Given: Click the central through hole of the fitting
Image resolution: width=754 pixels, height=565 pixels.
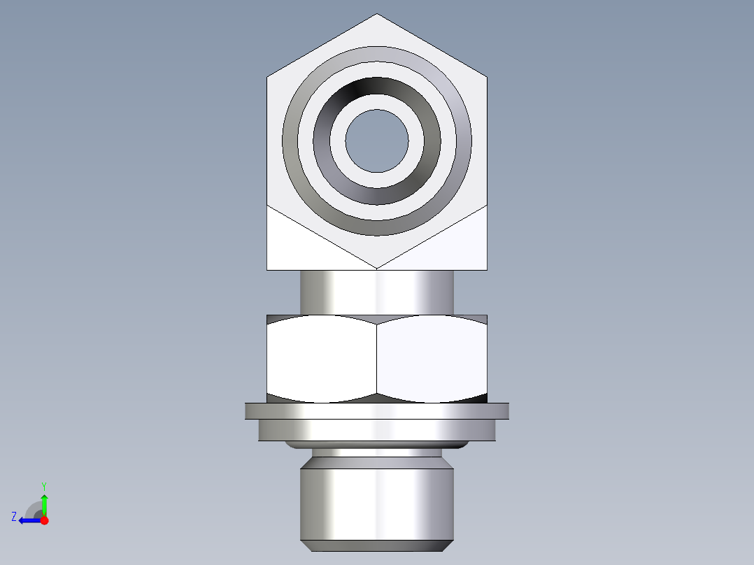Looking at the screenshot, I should [377, 141].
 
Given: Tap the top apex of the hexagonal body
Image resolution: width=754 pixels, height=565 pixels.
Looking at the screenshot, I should [377, 15].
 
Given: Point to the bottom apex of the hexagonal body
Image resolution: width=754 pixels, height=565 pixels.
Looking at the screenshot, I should [377, 268].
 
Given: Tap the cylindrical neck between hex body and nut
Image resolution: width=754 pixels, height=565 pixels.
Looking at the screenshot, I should [377, 292].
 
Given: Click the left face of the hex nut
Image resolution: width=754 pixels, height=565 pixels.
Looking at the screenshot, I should [322, 358].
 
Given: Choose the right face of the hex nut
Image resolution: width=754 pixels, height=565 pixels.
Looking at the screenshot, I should [432, 358].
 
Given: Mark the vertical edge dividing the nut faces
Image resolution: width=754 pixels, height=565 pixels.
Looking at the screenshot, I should [377, 358].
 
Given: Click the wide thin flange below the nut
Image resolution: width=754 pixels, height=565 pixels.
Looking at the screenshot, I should [377, 410].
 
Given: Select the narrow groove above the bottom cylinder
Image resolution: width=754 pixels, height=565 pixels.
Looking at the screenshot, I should [377, 453].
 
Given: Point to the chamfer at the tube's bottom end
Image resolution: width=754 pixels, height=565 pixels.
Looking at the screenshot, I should [377, 545].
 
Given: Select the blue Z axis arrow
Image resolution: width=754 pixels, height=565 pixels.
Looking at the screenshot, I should [28, 520].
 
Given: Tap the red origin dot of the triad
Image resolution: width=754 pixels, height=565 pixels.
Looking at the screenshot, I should [45, 520].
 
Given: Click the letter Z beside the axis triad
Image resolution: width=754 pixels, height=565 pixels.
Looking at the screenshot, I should [14, 517].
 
